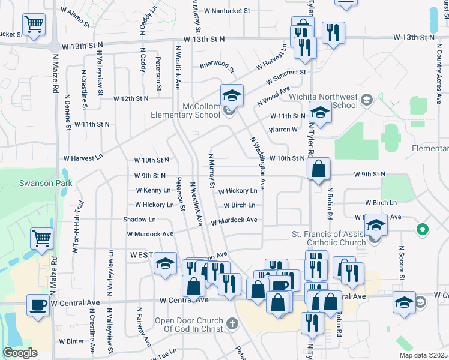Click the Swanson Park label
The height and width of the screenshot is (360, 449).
point(45,183)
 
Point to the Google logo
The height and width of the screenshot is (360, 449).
point(20,353)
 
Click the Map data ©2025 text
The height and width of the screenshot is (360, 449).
point(422,355)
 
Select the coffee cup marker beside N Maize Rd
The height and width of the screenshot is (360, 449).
point(38,304)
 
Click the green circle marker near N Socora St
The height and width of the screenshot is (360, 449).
point(423,229)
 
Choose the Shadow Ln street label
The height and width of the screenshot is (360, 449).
point(139,220)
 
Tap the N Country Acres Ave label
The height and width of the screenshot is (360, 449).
point(438,66)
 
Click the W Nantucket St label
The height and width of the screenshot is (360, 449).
point(228,11)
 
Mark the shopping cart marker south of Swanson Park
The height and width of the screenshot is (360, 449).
point(41,238)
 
